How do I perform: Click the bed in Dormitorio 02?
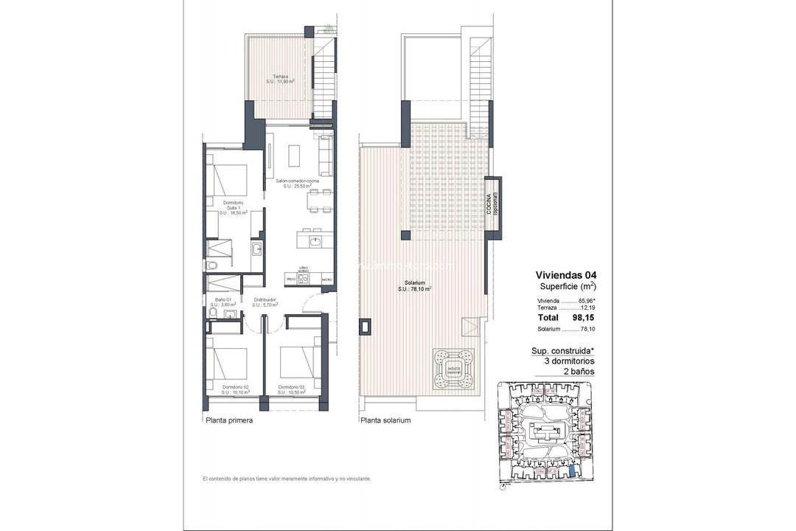pyautogui.click(x=227, y=362)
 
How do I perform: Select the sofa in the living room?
pyautogui.click(x=325, y=152)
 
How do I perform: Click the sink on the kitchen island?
pyautogui.click(x=315, y=240)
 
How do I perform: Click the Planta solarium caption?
pyautogui.click(x=385, y=421)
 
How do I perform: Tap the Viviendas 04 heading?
pyautogui.click(x=566, y=274)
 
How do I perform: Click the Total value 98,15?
pyautogui.click(x=583, y=317)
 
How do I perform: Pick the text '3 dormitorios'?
pyautogui.click(x=564, y=361)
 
